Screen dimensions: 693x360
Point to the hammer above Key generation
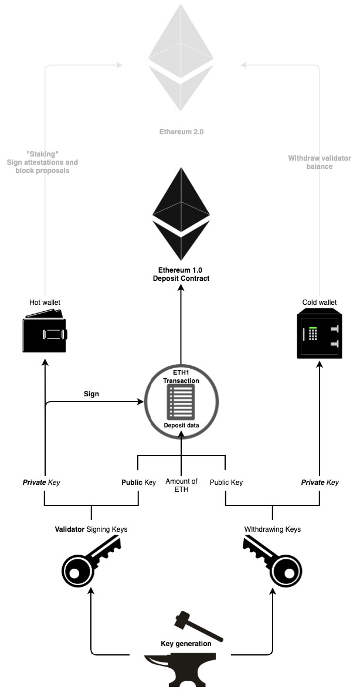click(x=199, y=626)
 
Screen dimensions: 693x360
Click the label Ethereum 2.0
click(x=181, y=132)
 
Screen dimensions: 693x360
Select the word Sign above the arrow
click(x=91, y=394)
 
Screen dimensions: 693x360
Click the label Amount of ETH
click(x=182, y=485)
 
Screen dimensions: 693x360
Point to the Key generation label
click(x=186, y=644)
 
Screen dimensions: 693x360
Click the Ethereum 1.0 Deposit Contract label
click(x=181, y=274)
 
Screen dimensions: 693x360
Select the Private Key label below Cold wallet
click(x=320, y=483)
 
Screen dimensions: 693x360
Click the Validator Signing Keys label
click(x=91, y=529)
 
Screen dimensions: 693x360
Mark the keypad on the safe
click(x=314, y=334)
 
